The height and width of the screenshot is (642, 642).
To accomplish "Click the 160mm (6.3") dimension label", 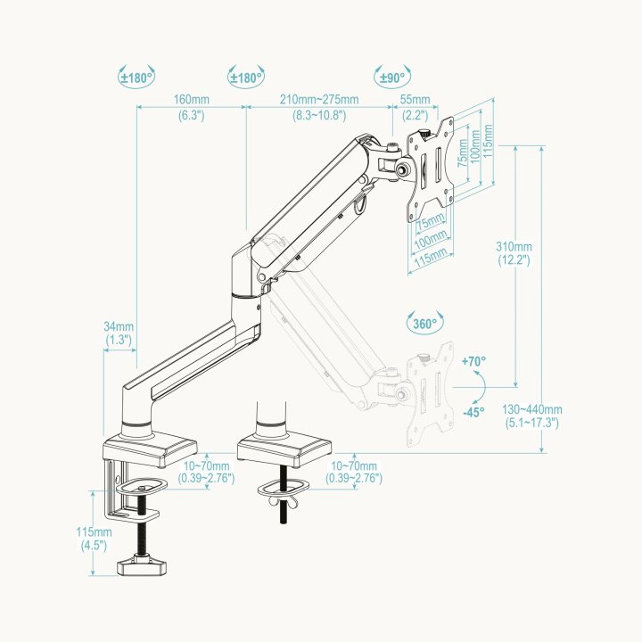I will click(x=191, y=107).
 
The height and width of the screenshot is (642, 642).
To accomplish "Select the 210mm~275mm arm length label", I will click(x=319, y=107).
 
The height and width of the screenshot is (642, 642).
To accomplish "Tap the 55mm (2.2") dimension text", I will click(x=416, y=107).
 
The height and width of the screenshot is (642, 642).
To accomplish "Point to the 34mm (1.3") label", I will click(x=118, y=333).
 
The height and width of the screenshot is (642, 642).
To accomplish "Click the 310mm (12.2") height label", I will click(x=515, y=253).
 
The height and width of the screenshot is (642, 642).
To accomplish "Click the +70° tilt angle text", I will click(x=473, y=361).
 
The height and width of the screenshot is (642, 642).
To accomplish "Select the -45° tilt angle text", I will click(x=473, y=412).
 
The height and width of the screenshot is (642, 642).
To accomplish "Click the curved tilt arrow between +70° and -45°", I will click(x=481, y=387).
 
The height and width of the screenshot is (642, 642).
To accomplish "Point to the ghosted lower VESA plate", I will click(x=430, y=398).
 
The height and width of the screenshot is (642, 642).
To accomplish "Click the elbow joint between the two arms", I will click(x=245, y=276).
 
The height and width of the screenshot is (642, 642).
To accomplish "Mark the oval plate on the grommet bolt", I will click(x=283, y=487).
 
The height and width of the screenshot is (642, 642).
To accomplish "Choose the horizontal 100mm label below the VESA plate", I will click(x=432, y=242).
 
